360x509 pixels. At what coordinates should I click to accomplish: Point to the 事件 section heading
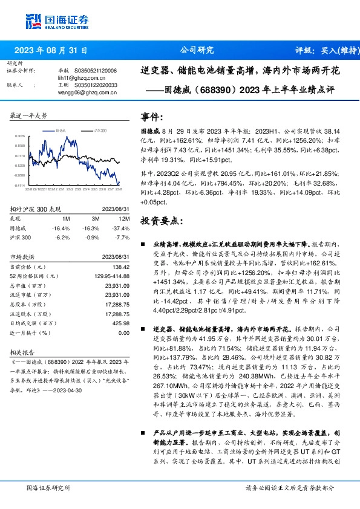[151, 117]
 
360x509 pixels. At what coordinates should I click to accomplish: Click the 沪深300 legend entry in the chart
[99, 130]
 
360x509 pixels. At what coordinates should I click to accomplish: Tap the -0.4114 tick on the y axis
[19, 185]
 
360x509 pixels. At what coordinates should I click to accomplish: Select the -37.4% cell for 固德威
[122, 228]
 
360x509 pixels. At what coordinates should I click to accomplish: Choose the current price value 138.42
[122, 267]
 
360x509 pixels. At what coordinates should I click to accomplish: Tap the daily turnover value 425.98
[122, 323]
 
